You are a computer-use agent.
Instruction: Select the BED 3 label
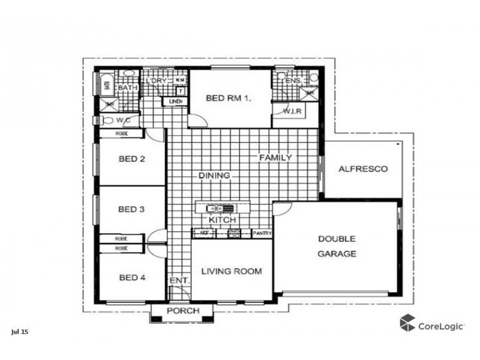click(x=131, y=209)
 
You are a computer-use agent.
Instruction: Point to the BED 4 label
click(x=131, y=277)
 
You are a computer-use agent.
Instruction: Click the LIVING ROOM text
click(x=231, y=271)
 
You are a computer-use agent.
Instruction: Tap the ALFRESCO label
click(x=362, y=169)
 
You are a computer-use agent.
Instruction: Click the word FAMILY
click(x=275, y=158)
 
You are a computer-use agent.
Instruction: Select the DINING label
click(x=215, y=176)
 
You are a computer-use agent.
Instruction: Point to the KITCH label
click(x=221, y=220)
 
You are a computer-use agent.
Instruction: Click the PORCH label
click(x=182, y=311)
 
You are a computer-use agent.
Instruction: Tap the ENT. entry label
click(x=179, y=281)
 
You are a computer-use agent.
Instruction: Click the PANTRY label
click(x=263, y=233)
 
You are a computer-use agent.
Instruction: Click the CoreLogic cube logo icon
click(x=408, y=322)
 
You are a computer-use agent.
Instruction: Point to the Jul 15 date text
click(x=19, y=331)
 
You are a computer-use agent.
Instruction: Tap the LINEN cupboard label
click(x=175, y=101)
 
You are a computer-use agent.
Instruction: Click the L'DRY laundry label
click(x=155, y=81)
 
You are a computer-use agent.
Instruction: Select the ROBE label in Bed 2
click(x=122, y=134)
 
